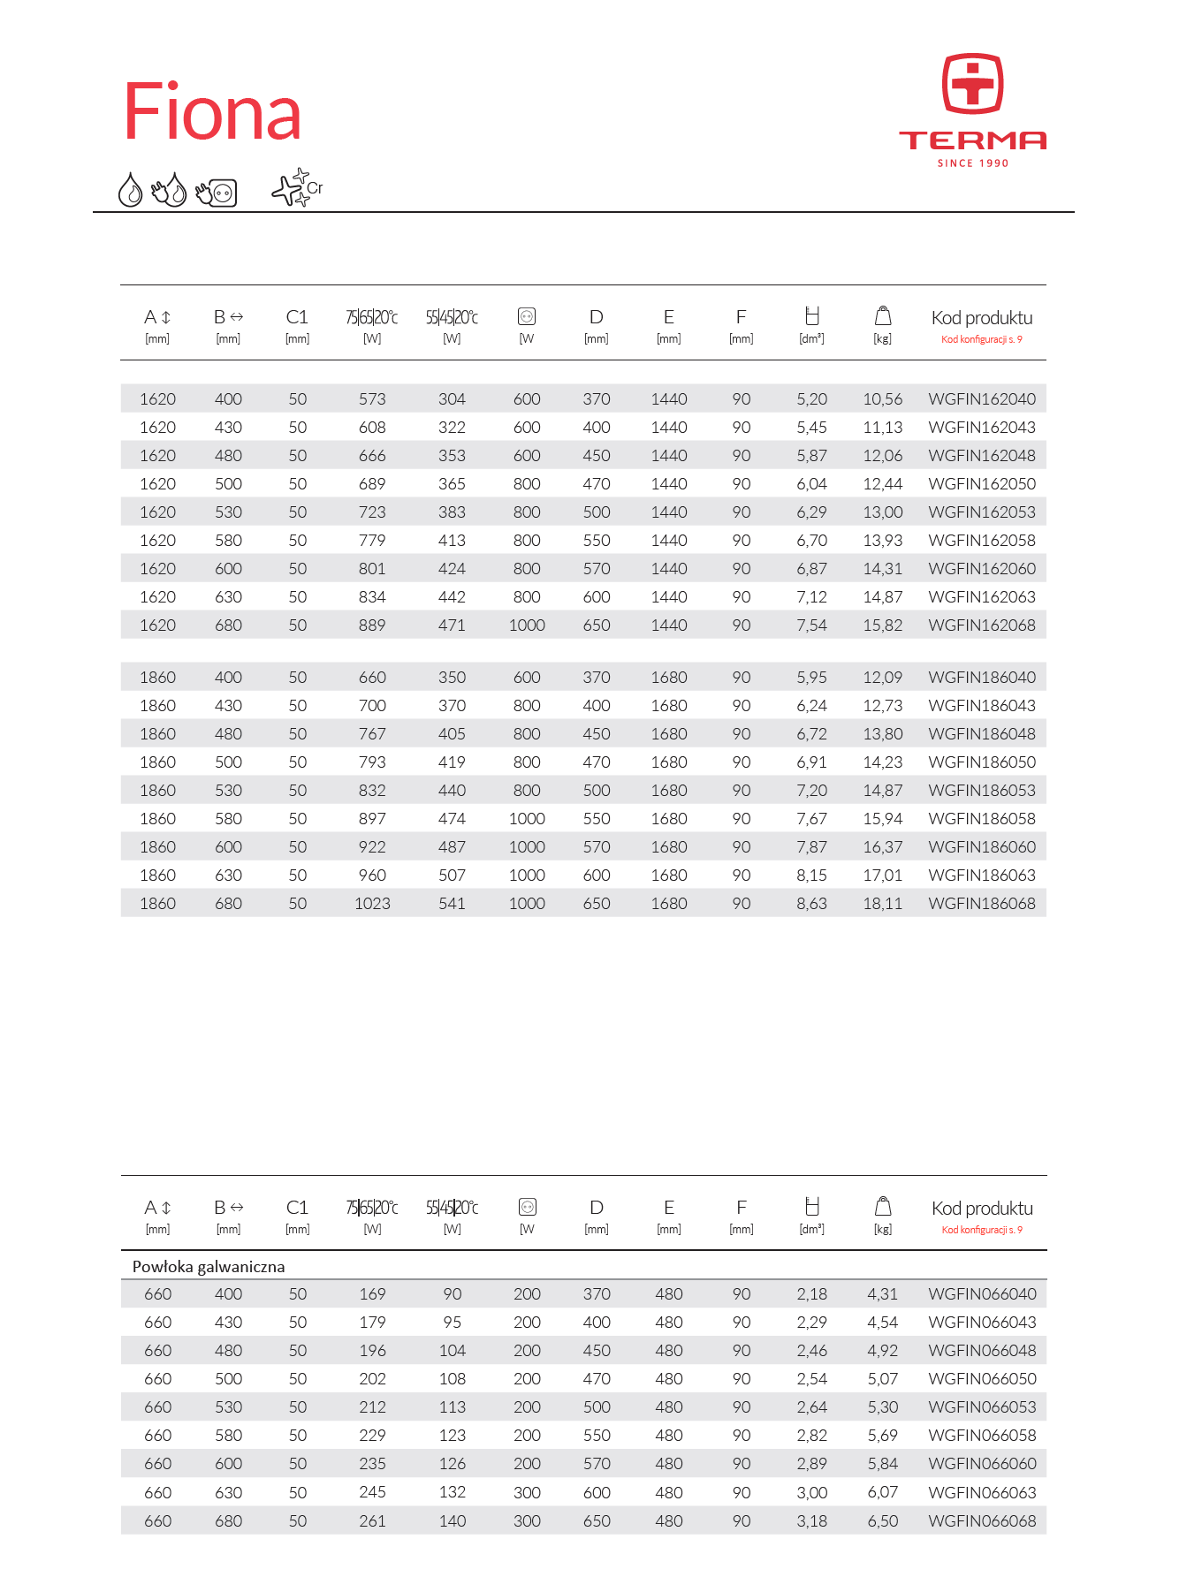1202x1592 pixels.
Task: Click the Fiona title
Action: (212, 112)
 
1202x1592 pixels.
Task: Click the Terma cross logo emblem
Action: (972, 84)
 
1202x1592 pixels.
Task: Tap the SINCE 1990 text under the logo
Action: (972, 163)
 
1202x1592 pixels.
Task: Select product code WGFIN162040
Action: (982, 399)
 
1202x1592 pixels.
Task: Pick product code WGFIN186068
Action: (982, 904)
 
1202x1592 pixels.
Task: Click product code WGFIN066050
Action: (982, 1379)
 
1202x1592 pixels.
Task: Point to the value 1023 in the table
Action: (372, 904)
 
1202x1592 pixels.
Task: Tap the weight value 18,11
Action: (883, 904)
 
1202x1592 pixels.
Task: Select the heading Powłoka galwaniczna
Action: (209, 1267)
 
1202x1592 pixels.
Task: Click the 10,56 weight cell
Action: (883, 399)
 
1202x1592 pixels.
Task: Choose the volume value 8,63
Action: (811, 904)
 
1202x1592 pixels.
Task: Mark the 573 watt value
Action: (372, 399)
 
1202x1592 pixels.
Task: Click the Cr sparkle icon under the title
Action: (296, 188)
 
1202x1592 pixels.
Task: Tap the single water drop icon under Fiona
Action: (130, 190)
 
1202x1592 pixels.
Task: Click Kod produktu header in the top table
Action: (982, 318)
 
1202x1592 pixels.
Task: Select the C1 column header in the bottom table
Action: (297, 1208)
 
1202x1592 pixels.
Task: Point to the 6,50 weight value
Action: (883, 1521)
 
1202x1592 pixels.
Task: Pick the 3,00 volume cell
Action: (811, 1493)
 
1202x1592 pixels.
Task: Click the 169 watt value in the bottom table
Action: (372, 1294)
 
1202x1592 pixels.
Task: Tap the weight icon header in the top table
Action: (883, 316)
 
